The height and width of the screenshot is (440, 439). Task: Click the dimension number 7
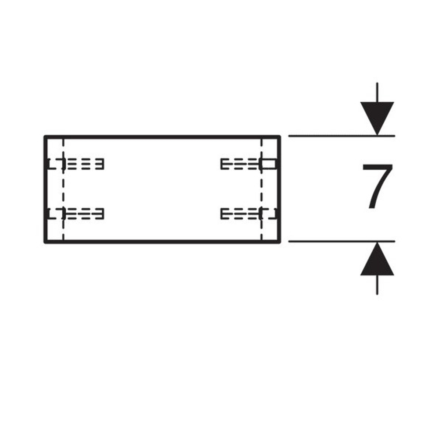[377, 186]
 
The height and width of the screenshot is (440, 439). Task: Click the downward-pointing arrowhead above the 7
[377, 118]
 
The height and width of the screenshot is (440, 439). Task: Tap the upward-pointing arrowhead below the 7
[377, 259]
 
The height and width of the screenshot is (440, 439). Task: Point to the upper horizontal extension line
[342, 136]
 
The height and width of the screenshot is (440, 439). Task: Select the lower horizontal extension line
[342, 241]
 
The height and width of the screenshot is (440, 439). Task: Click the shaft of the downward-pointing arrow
[377, 92]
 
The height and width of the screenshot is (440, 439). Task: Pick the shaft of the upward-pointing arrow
[377, 285]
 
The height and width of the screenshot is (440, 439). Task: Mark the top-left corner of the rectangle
[45, 137]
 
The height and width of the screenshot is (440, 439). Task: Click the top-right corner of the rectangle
[280, 137]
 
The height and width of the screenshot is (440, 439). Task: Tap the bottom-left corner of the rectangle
[45, 242]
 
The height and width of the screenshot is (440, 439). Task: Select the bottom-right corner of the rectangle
[280, 242]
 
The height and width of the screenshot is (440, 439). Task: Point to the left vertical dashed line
[64, 189]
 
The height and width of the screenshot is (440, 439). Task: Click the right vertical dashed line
[262, 189]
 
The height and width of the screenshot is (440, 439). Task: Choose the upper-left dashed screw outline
[75, 164]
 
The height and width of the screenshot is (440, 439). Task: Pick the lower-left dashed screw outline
[75, 214]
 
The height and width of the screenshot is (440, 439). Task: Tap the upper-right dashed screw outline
[249, 164]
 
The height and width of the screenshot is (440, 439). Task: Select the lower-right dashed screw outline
[249, 214]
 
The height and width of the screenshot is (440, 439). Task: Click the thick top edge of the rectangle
[162, 137]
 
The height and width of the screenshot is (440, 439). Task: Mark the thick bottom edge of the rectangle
[162, 242]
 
